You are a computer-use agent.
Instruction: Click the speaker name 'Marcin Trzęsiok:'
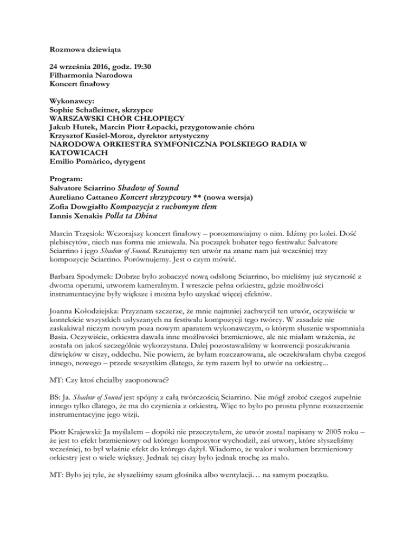click(74, 233)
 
